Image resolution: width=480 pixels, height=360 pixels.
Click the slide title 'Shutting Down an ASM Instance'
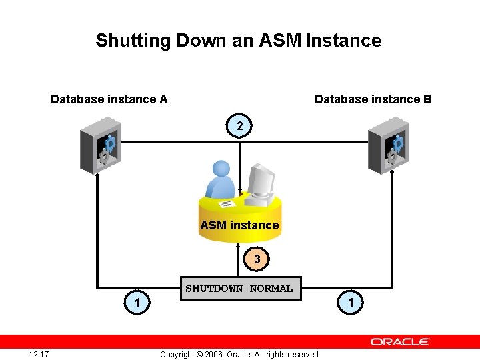[x=239, y=41]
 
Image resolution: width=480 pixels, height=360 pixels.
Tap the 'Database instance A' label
[x=109, y=99]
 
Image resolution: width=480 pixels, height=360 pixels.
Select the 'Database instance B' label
[x=373, y=99]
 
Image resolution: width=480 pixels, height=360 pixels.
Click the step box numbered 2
[x=240, y=126]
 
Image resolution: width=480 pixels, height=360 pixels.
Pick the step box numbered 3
[x=257, y=259]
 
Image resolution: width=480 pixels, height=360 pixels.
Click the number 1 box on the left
[x=137, y=303]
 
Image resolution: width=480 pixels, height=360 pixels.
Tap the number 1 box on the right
[x=351, y=303]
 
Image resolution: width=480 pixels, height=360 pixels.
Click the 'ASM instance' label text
[x=239, y=225]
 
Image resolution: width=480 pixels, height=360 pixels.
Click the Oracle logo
[x=400, y=341]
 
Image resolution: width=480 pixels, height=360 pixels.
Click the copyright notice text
[x=240, y=354]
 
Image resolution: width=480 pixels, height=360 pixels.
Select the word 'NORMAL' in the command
[x=271, y=289]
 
